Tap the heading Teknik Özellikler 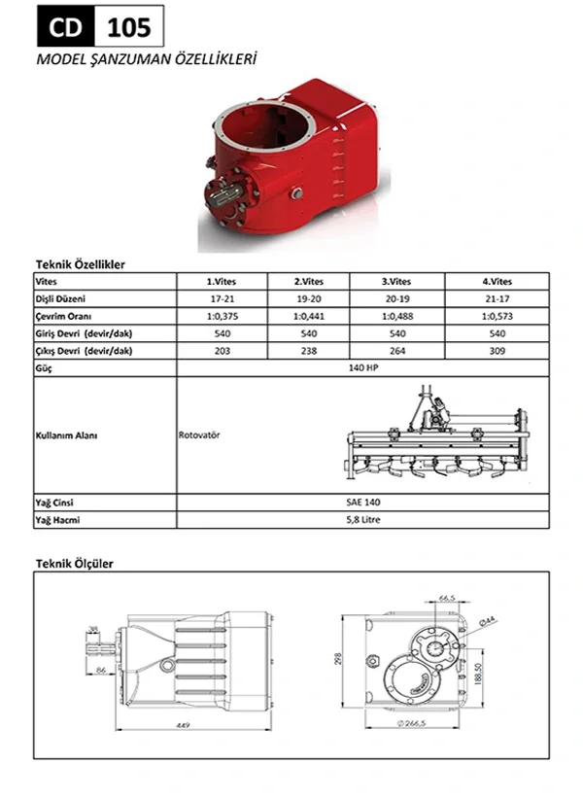coord(80,263)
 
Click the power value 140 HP coord(362,368)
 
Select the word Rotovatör coord(200,434)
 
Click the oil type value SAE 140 coord(362,503)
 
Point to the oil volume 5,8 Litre coord(362,520)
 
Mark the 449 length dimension coord(183,725)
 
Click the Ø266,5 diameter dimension coord(415,725)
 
